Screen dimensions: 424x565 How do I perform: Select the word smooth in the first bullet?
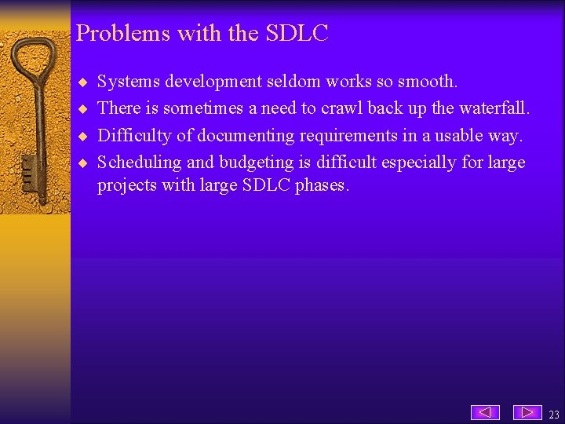tap(429, 82)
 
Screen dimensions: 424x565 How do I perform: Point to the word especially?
tap(418, 163)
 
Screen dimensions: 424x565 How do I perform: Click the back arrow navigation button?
tap(485, 412)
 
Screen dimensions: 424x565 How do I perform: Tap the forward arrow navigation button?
tap(527, 412)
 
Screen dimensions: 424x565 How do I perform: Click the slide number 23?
tap(554, 415)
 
